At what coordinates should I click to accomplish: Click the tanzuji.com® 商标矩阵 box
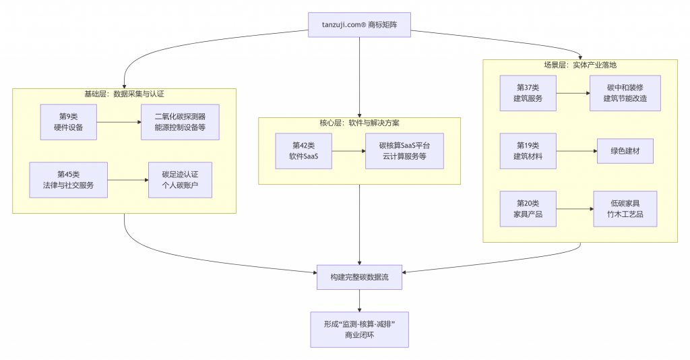[x=359, y=25]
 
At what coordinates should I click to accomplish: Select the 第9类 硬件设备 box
[x=68, y=122]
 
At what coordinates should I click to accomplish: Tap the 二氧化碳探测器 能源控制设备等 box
[x=180, y=122]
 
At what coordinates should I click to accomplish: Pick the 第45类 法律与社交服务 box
[x=68, y=180]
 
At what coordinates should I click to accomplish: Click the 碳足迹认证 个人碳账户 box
[x=180, y=180]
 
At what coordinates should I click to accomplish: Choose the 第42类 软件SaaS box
[x=303, y=151]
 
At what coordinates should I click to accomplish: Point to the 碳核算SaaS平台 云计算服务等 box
[x=404, y=151]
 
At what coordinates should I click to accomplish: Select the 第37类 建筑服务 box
[x=528, y=93]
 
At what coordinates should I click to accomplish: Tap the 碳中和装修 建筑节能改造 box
[x=625, y=93]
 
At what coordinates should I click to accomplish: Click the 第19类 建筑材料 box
[x=528, y=151]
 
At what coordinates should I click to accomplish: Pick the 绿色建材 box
[x=625, y=151]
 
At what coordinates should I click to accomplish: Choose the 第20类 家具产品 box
[x=528, y=209]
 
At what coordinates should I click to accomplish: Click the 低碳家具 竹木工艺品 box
[x=625, y=209]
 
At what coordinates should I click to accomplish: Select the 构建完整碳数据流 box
[x=359, y=277]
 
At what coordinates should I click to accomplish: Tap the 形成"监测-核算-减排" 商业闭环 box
[x=359, y=329]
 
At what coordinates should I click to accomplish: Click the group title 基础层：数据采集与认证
[x=124, y=94]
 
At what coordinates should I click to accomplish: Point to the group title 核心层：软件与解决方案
[x=359, y=123]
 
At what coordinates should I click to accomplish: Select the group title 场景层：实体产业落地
[x=579, y=65]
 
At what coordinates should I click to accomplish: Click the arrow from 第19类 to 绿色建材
[x=577, y=151]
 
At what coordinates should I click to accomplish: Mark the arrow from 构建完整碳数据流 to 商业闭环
[x=359, y=301]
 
